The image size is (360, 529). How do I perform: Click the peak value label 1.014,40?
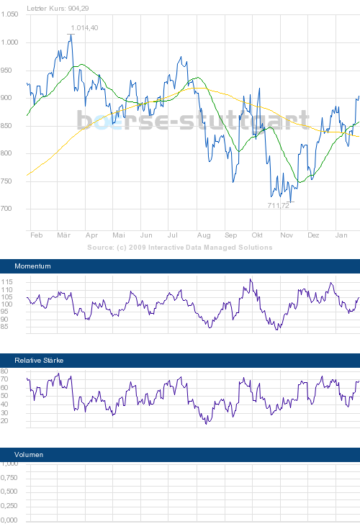84,28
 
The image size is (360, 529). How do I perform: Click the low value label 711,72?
278,206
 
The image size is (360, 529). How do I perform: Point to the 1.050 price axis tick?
9,14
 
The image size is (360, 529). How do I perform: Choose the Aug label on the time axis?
203,235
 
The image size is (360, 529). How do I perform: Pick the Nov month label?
287,235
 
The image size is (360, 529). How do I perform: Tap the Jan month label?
341,235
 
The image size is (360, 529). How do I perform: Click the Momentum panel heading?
33,266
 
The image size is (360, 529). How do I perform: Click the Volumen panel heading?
30,455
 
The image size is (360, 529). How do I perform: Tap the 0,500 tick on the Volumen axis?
9,492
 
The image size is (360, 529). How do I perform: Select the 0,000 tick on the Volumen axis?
9,520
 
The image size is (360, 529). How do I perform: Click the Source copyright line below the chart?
180,247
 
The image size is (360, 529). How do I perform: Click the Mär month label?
64,235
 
